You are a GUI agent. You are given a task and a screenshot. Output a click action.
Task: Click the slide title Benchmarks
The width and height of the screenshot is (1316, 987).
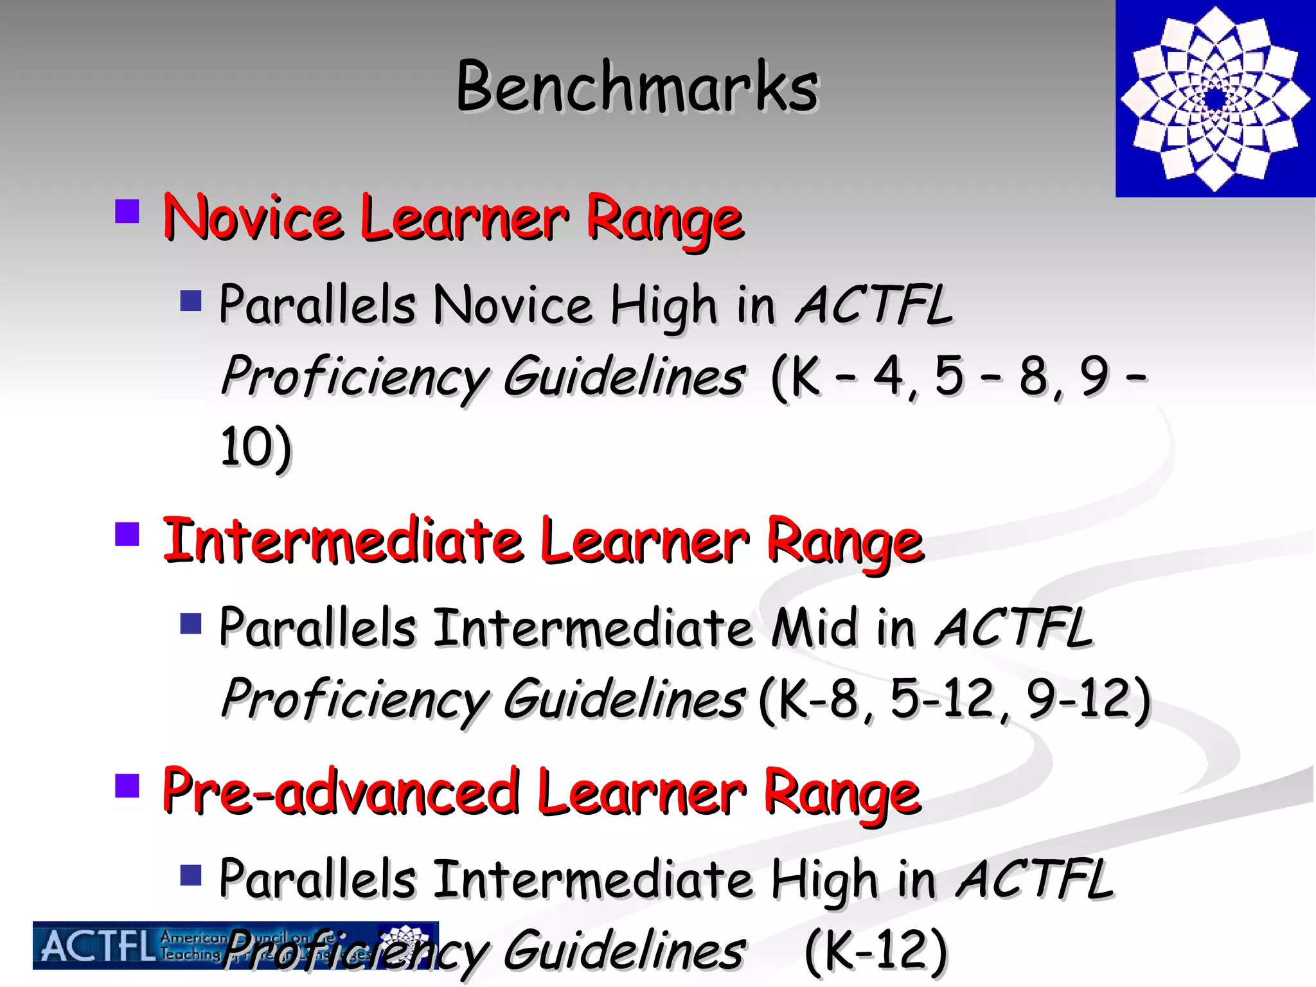(637, 87)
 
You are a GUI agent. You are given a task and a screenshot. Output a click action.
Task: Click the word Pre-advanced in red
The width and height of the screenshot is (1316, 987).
(341, 792)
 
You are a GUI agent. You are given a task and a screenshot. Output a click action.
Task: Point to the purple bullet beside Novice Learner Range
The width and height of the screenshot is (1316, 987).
(127, 211)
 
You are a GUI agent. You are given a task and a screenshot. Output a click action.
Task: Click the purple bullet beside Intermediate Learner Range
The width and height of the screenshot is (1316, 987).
(127, 533)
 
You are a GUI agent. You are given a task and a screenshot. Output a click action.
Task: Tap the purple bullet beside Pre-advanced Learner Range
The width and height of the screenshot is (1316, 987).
(127, 785)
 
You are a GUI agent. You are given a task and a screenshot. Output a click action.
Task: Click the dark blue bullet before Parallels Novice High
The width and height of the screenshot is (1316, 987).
(191, 300)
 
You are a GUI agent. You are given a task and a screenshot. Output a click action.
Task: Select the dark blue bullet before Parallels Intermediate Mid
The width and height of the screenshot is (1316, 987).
(191, 623)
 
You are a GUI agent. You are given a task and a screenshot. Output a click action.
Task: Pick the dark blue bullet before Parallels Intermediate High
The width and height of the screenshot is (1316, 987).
(191, 875)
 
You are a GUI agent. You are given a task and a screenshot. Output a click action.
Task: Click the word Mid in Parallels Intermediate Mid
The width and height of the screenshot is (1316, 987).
(814, 628)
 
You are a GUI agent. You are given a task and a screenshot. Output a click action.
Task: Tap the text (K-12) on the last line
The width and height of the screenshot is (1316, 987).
(876, 951)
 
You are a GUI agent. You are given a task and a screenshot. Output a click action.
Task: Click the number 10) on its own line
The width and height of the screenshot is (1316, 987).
(256, 448)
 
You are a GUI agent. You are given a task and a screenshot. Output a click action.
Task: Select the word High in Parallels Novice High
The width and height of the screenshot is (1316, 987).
(663, 306)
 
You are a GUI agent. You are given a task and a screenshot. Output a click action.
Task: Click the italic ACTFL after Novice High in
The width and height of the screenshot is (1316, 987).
(874, 305)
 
